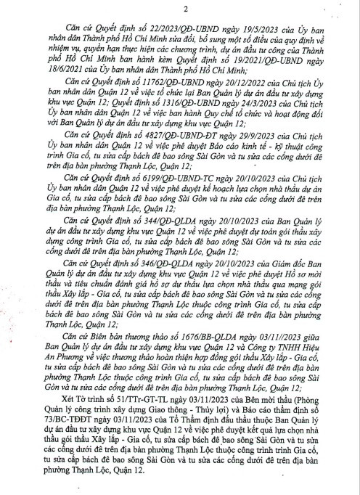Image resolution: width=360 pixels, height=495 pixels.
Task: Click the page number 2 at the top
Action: (186, 9)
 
